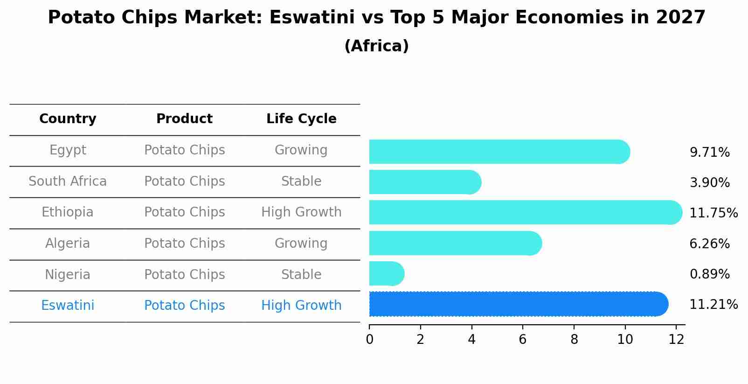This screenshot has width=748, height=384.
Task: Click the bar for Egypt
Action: point(499,152)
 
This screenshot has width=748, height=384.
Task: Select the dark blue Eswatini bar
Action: point(519,304)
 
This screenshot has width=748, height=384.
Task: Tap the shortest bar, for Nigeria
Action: point(387,273)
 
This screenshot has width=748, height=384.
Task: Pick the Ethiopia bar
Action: point(526,212)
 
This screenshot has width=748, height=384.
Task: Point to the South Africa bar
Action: point(425,182)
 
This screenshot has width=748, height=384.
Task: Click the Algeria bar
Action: point(456,243)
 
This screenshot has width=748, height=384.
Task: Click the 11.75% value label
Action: point(713,213)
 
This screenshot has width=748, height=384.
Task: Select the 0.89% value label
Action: point(710,274)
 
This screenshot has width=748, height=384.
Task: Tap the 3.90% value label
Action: point(710,182)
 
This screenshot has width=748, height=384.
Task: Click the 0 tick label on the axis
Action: point(370,339)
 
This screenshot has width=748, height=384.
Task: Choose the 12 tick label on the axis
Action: point(676,339)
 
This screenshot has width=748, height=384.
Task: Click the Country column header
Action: point(68,119)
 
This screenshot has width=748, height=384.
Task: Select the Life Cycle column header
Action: point(301,119)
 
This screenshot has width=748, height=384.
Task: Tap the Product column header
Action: point(184,119)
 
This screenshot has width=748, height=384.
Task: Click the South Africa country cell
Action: point(68,181)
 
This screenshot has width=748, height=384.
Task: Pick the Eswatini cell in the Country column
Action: point(68,305)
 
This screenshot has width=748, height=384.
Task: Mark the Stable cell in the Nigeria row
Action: point(301,274)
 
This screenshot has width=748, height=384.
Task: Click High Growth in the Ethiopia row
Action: point(301,212)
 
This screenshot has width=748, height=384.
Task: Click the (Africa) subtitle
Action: point(376,46)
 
